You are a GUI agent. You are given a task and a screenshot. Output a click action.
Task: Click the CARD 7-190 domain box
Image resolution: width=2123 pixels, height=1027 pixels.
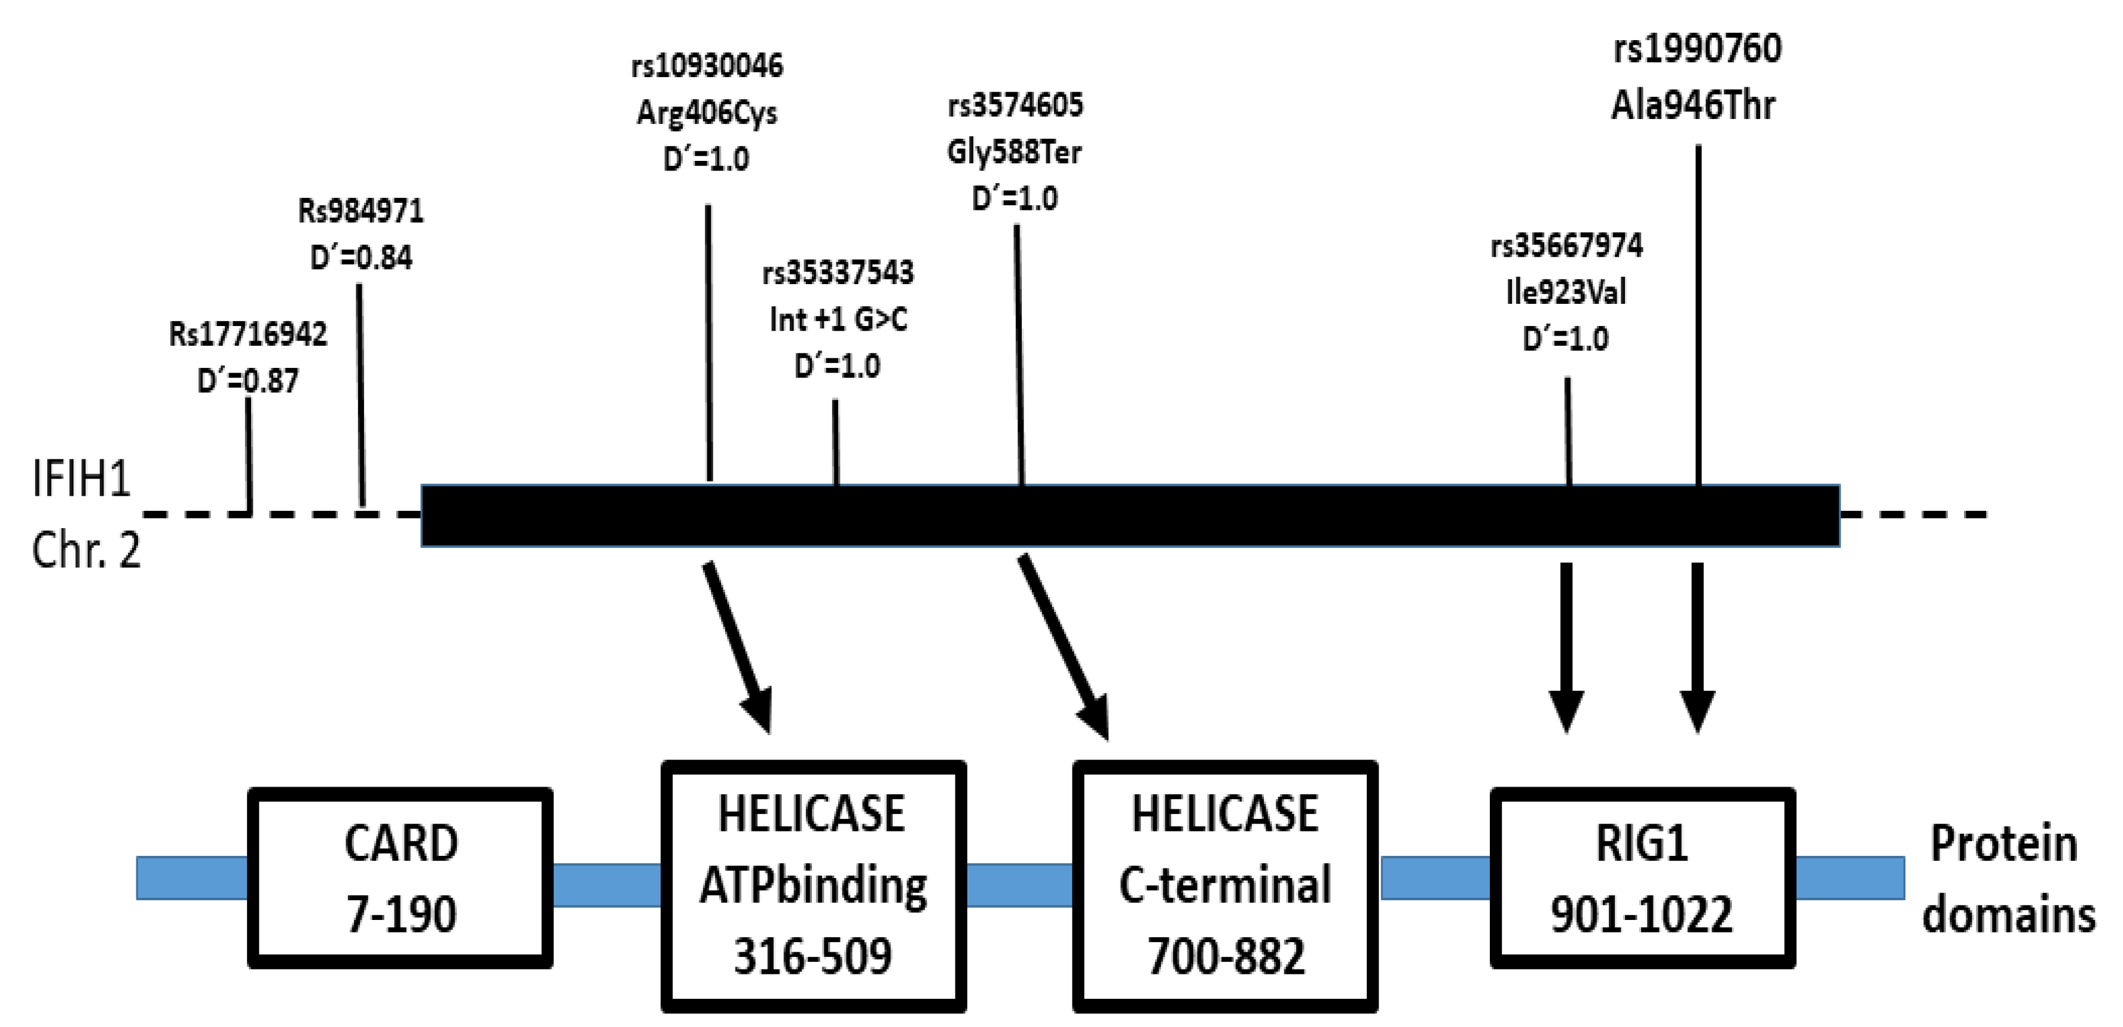pyautogui.click(x=401, y=878)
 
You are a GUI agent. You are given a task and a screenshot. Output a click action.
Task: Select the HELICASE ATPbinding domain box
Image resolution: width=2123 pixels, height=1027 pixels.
pyautogui.click(x=814, y=886)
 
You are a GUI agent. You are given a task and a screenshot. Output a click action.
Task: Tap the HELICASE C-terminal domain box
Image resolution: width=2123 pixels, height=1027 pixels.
pyautogui.click(x=1224, y=886)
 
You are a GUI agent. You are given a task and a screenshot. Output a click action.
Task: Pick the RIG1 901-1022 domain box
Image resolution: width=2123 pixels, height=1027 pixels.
pyautogui.click(x=1642, y=878)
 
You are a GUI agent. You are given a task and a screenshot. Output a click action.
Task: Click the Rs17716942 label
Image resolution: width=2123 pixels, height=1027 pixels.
pyautogui.click(x=248, y=334)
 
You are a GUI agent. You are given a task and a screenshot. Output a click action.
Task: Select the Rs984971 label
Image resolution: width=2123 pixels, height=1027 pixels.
pyautogui.click(x=361, y=212)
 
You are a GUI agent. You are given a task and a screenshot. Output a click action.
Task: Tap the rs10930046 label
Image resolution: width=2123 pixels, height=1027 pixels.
pyautogui.click(x=707, y=66)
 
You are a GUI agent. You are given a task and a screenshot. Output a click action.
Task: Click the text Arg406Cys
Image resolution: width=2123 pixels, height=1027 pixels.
pyautogui.click(x=707, y=113)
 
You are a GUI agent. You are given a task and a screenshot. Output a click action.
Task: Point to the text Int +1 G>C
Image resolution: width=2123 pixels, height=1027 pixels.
pyautogui.click(x=838, y=319)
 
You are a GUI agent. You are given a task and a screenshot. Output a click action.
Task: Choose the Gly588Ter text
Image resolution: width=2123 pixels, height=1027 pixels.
pyautogui.click(x=1015, y=153)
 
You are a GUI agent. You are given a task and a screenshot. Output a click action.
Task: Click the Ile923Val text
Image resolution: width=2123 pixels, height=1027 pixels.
pyautogui.click(x=1566, y=292)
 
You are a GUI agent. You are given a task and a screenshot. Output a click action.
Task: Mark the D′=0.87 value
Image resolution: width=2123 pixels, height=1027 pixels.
pyautogui.click(x=248, y=381)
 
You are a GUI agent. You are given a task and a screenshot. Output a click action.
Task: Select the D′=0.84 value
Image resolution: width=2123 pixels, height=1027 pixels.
pyautogui.click(x=361, y=258)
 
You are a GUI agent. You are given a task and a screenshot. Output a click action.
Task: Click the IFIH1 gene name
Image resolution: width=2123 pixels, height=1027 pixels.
pyautogui.click(x=81, y=478)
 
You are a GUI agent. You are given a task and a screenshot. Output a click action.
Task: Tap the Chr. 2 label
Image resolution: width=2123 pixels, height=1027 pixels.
pyautogui.click(x=85, y=550)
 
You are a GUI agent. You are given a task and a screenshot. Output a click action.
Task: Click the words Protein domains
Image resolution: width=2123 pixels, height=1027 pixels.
pyautogui.click(x=2007, y=879)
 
